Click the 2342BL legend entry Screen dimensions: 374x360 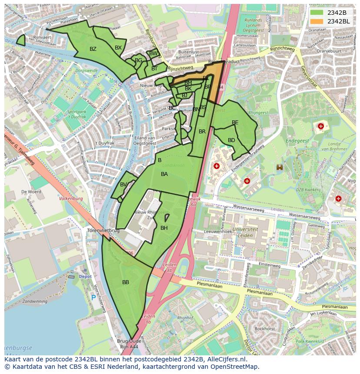coord(330,21)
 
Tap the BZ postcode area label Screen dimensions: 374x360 coord(93,49)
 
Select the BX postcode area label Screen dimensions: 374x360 coord(118,48)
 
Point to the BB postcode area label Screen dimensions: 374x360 coord(126,282)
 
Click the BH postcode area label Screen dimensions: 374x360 coord(164,228)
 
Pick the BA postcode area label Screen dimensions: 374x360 coord(164,174)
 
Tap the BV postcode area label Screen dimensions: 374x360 coord(123,185)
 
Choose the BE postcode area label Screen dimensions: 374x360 coord(235,122)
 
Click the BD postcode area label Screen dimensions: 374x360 coord(231,140)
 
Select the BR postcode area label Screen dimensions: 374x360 coord(202,132)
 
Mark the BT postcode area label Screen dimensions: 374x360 coord(154,69)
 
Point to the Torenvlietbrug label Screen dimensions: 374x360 coord(103,230)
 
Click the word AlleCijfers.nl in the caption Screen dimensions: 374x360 coord(225,360)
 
